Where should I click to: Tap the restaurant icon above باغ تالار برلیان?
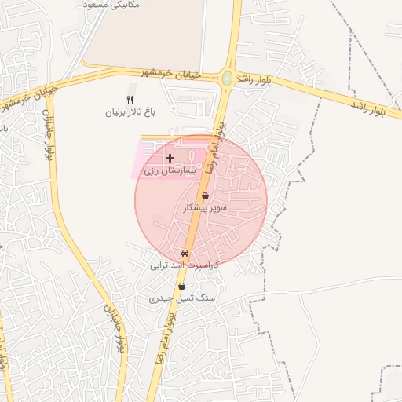[x=130, y=100]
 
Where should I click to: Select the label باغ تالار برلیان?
[x=132, y=112]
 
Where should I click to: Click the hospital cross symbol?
[x=170, y=158]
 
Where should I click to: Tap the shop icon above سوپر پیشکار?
[x=205, y=196]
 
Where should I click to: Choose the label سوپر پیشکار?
[x=205, y=209]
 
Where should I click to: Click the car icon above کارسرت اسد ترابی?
[x=185, y=254]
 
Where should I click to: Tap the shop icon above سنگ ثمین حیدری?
[x=182, y=287]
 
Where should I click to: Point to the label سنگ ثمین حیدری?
[x=182, y=299]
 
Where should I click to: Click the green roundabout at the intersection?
[x=227, y=79]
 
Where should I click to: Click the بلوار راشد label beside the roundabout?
[x=254, y=78]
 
